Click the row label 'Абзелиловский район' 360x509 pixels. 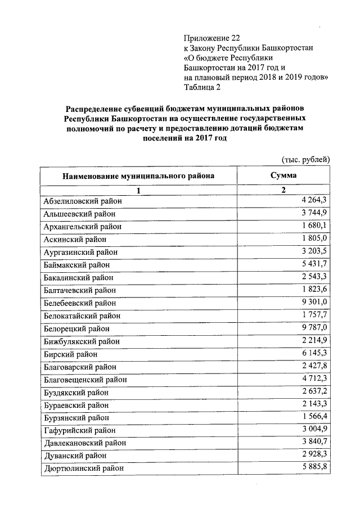point(82,201)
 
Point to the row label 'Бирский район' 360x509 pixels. point(70,354)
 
